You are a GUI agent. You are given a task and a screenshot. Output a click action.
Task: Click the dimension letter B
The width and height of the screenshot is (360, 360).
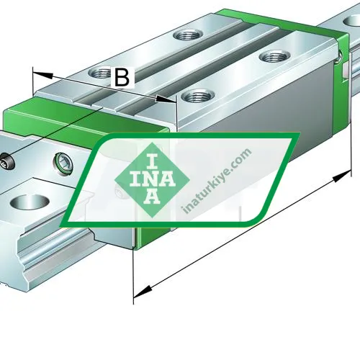point(122,77)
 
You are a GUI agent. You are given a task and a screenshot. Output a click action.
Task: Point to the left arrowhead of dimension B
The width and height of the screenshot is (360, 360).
point(42,74)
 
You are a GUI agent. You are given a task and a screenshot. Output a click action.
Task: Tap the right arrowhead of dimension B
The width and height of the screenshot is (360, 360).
point(166,99)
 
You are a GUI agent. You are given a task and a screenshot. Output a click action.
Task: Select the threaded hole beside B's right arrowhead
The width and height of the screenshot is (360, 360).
point(198,97)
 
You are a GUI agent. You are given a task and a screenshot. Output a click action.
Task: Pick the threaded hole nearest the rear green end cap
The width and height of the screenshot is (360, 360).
point(274,57)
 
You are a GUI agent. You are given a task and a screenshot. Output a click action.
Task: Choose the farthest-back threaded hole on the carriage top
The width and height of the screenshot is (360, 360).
point(188,35)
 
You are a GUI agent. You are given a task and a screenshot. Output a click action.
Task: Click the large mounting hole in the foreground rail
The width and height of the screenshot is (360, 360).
point(30,202)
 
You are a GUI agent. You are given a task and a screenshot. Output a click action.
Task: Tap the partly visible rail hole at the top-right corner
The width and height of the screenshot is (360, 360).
point(352,21)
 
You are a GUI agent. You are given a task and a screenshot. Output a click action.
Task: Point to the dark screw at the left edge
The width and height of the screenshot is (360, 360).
point(6,162)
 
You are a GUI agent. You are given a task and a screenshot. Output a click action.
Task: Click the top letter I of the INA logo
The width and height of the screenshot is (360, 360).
point(152,161)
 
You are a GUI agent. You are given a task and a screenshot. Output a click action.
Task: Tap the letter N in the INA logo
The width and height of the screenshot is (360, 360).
point(152,179)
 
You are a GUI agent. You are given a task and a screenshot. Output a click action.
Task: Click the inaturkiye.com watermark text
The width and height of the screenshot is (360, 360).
point(217,180)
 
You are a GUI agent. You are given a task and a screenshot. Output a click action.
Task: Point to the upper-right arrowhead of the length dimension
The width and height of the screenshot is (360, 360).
point(342,176)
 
